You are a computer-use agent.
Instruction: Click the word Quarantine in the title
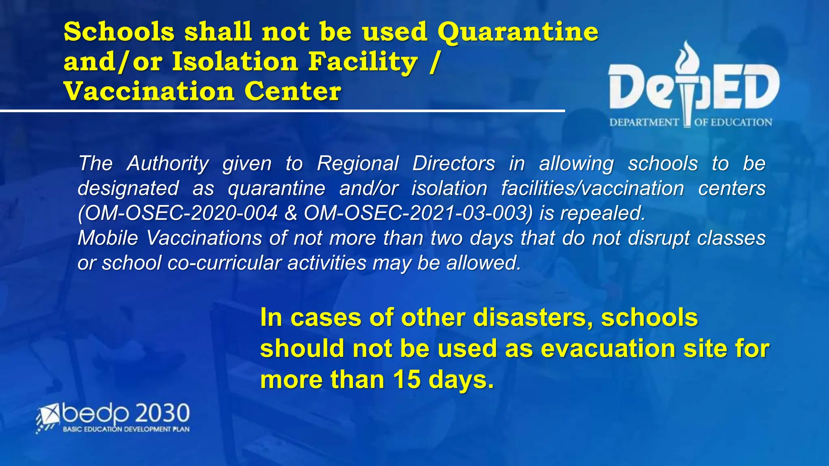click(518, 32)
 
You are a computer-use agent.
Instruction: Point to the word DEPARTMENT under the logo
click(644, 123)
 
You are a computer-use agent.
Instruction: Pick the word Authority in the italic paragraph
click(168, 164)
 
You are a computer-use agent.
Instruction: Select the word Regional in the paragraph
click(358, 164)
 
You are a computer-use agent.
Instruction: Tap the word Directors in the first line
click(453, 164)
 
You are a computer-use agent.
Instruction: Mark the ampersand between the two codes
click(291, 213)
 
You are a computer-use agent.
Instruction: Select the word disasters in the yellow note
click(530, 318)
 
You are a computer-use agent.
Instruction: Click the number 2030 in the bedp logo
click(162, 413)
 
